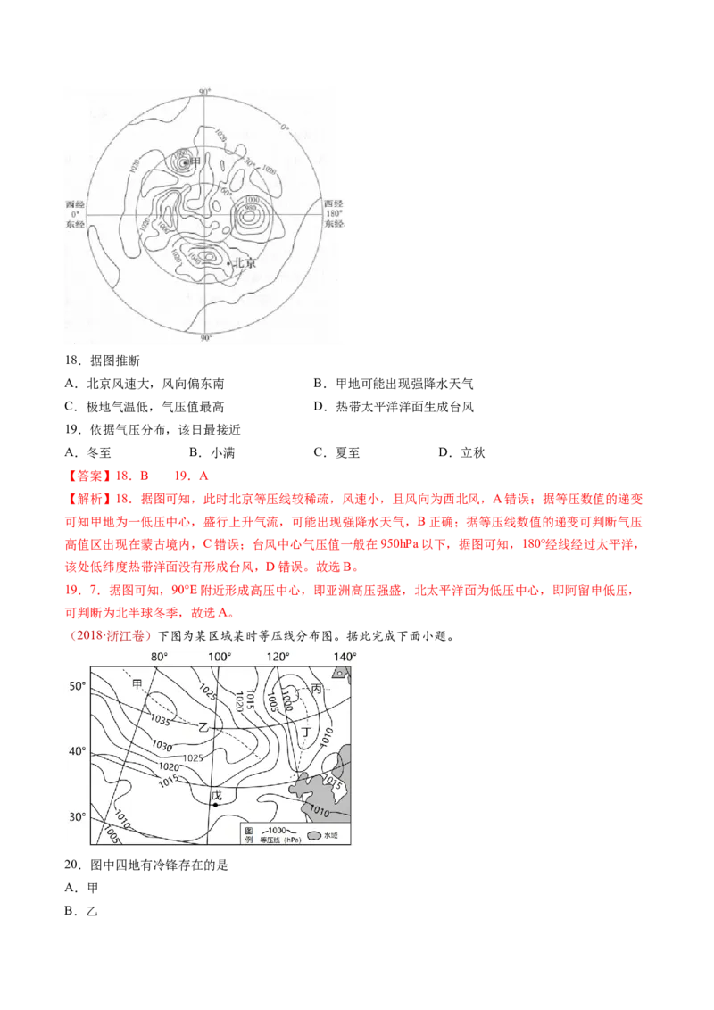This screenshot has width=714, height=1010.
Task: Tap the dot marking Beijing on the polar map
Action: point(228,263)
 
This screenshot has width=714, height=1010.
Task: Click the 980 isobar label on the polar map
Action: point(252,211)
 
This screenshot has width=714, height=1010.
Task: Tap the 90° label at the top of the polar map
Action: point(204,92)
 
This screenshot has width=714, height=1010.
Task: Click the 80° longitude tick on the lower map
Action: point(159,657)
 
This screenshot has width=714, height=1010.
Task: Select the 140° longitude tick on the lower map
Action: point(345,657)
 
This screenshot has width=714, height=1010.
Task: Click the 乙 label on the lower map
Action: point(203,727)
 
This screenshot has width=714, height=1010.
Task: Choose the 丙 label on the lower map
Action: point(317,688)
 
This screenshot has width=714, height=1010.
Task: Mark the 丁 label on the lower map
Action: point(306,732)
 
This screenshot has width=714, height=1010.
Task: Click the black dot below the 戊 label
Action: point(215,805)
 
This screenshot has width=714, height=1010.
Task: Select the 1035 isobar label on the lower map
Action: point(162,719)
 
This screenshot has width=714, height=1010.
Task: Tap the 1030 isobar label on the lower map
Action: point(162,745)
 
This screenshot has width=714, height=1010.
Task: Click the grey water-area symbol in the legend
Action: point(314,835)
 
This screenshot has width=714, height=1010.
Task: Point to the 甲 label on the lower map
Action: point(137,683)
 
